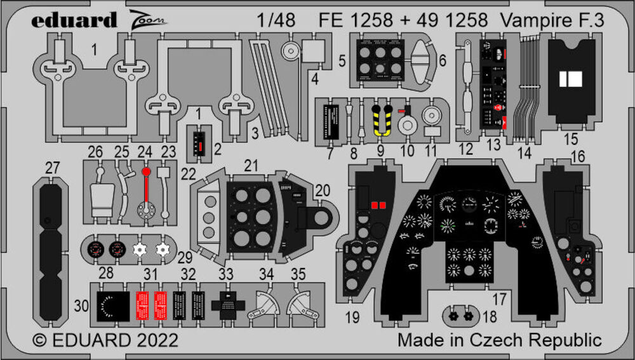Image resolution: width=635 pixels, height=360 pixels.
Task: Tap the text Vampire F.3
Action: tap(551, 20)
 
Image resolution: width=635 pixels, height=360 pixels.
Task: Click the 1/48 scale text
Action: tap(277, 20)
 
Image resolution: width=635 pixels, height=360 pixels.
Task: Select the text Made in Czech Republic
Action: tap(500, 340)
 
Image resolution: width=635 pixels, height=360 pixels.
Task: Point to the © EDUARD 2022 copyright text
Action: tap(105, 340)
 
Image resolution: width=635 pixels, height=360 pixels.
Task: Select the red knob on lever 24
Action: tap(147, 171)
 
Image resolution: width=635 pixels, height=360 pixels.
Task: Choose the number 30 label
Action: tap(81, 305)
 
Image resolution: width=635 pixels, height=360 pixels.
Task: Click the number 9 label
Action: tap(380, 150)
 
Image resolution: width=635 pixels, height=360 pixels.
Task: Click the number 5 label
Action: tap(342, 62)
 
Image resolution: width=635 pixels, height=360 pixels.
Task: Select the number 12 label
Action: tap(467, 150)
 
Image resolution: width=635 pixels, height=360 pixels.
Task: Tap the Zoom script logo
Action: tap(148, 18)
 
